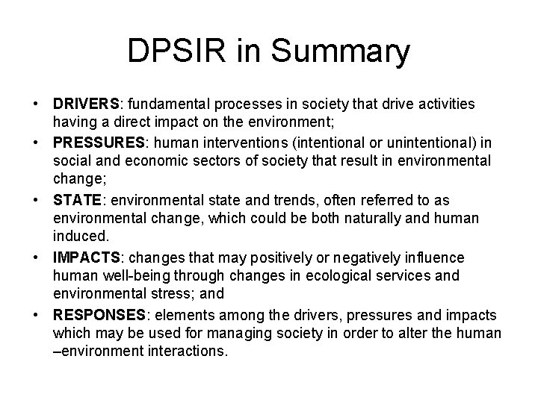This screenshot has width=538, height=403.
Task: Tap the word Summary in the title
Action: coord(341,52)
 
